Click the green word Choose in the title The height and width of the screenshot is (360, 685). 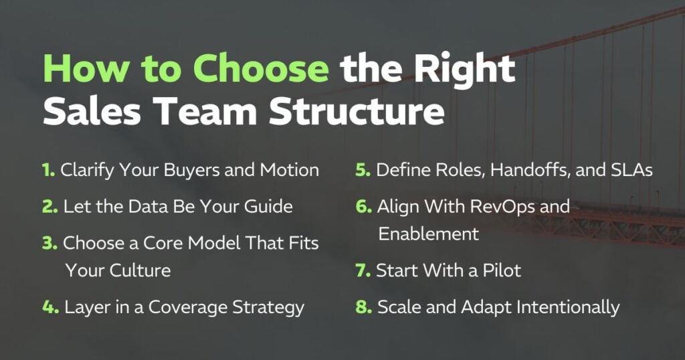pyautogui.click(x=261, y=68)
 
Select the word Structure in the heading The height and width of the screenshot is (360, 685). pyautogui.click(x=357, y=111)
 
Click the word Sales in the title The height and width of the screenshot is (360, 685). pyautogui.click(x=92, y=111)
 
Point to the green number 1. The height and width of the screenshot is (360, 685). pyautogui.click(x=48, y=170)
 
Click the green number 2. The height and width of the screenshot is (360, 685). pyautogui.click(x=50, y=206)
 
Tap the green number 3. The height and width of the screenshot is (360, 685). pyautogui.click(x=50, y=243)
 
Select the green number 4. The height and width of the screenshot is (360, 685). pyautogui.click(x=50, y=306)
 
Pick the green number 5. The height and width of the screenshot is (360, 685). pyautogui.click(x=363, y=170)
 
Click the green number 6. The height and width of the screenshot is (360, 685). pyautogui.click(x=363, y=206)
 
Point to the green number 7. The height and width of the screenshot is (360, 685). pyautogui.click(x=363, y=270)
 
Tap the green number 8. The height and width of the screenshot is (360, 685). pyautogui.click(x=363, y=306)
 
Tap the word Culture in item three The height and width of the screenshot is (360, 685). pyautogui.click(x=140, y=270)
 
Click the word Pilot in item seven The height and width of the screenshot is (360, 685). pyautogui.click(x=502, y=270)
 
